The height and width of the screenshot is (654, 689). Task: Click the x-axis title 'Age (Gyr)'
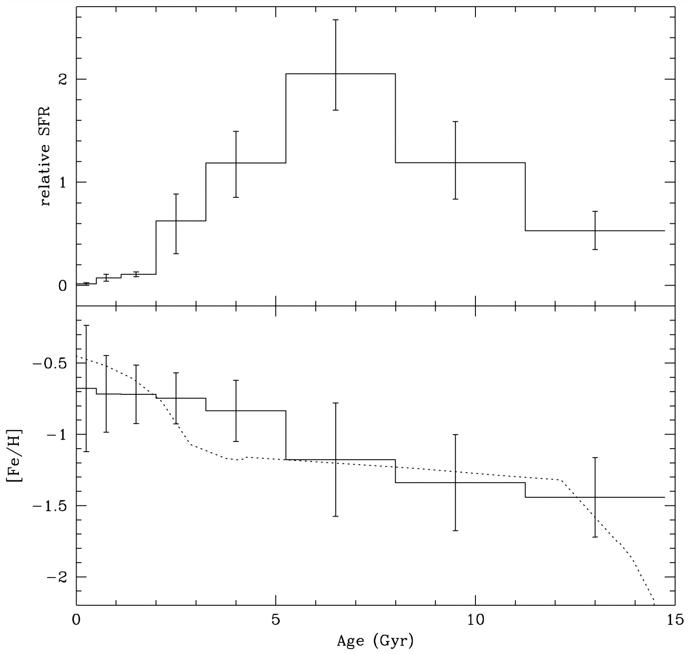(x=375, y=641)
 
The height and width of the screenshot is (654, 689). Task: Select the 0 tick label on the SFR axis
(x=63, y=286)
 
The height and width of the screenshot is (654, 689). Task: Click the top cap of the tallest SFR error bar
(x=335, y=20)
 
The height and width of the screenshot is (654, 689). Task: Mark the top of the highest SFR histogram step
(x=340, y=74)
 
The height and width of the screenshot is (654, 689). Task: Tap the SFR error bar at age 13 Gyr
(x=595, y=230)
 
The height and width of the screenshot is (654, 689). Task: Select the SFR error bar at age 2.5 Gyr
(x=176, y=224)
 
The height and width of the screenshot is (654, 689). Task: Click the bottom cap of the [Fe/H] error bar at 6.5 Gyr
(x=335, y=516)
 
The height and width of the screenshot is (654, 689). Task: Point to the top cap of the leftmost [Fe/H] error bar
(x=86, y=325)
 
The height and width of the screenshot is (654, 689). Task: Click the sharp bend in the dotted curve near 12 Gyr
(x=560, y=480)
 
